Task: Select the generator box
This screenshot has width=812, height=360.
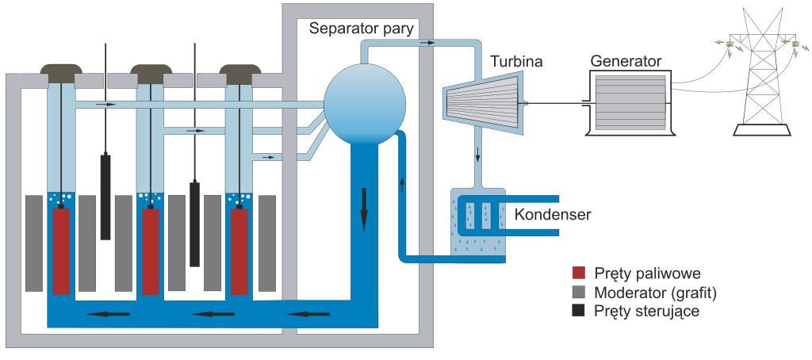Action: coord(631,101)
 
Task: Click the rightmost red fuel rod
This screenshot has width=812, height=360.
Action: coord(240,250)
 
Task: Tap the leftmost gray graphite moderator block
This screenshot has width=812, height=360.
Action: coord(34,242)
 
